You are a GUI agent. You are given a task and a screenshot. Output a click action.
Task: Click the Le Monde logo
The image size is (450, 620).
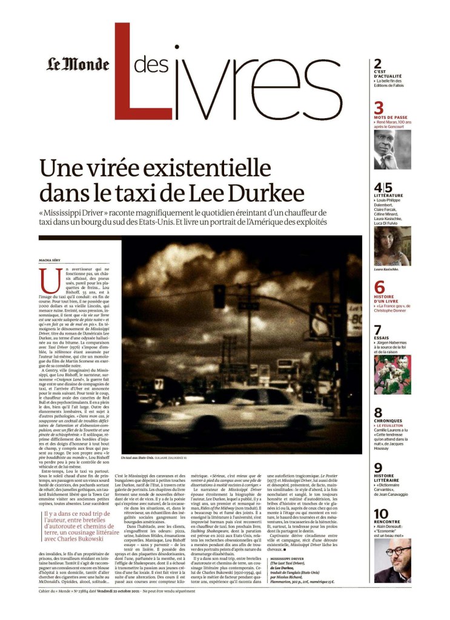click(x=79, y=64)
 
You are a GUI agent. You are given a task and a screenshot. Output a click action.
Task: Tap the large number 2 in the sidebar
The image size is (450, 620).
click(x=378, y=64)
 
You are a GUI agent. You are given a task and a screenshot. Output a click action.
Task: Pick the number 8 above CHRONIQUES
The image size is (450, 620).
click(x=379, y=413)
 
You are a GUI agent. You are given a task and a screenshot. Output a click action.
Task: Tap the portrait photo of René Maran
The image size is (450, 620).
click(x=392, y=150)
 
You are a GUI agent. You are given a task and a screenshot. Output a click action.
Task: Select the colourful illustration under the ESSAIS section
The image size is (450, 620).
click(x=392, y=375)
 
